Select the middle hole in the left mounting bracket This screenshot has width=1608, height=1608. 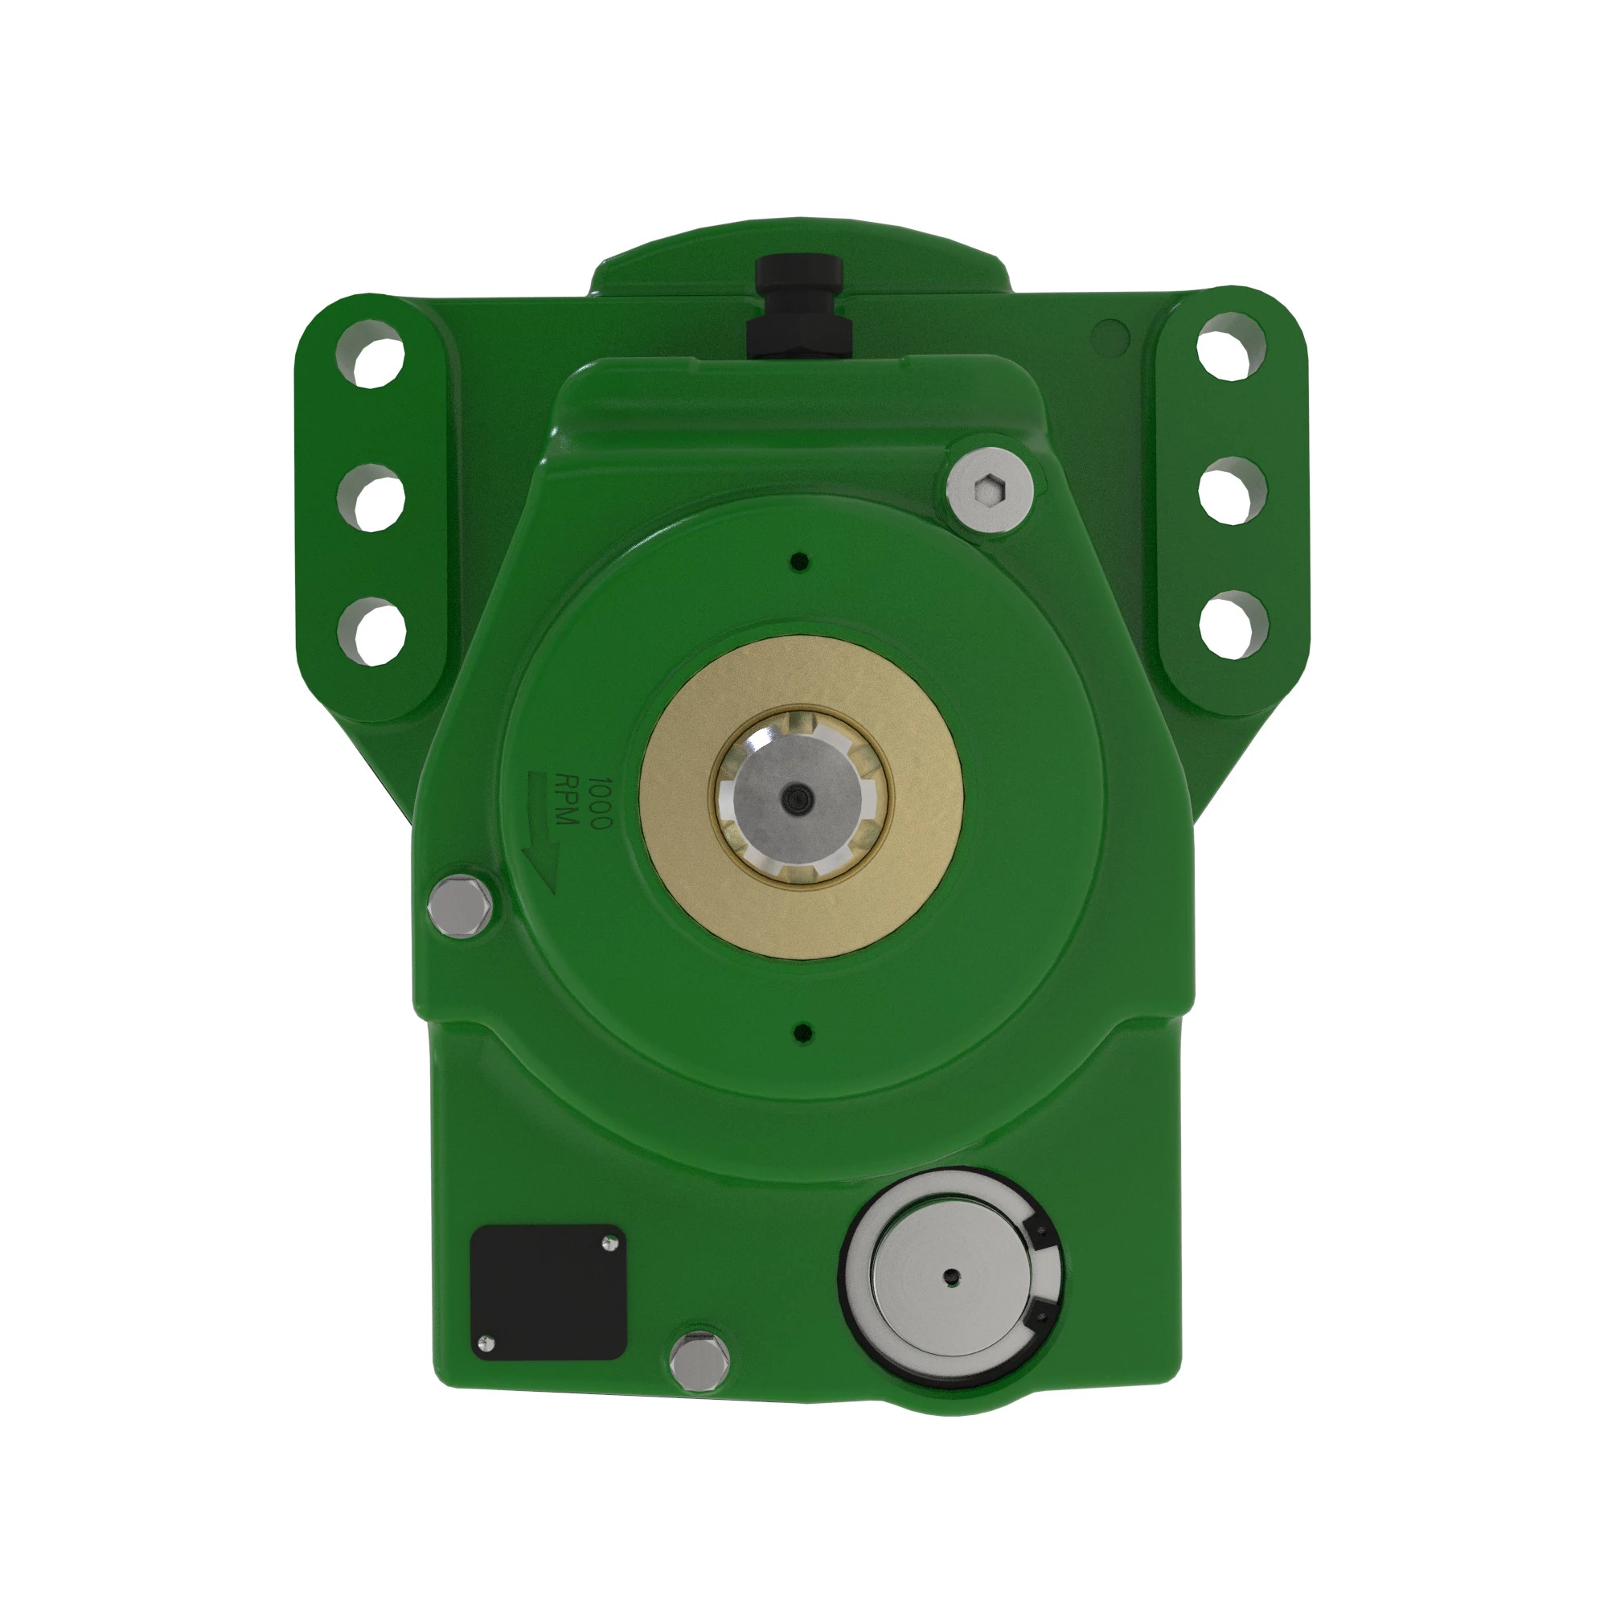pyautogui.click(x=371, y=496)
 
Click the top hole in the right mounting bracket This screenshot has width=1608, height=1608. pyautogui.click(x=1232, y=346)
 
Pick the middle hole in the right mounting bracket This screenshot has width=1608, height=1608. pyautogui.click(x=1233, y=490)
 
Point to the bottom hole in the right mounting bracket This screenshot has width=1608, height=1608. pyautogui.click(x=1233, y=624)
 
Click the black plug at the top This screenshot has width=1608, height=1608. pyautogui.click(x=798, y=307)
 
